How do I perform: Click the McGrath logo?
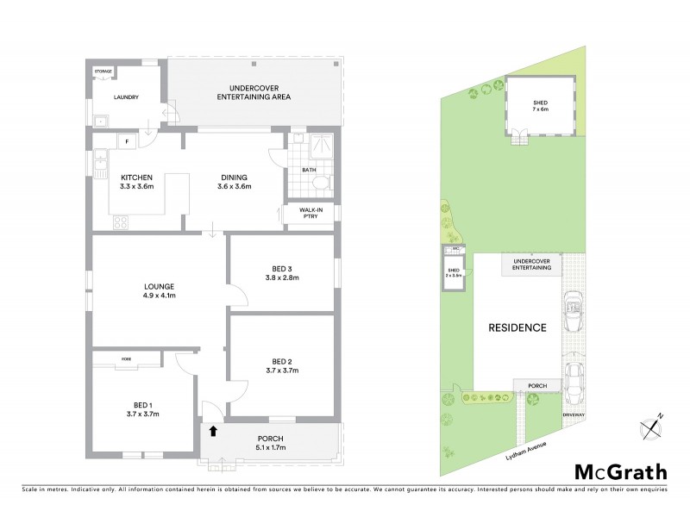[620, 471]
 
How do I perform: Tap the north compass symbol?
[652, 425]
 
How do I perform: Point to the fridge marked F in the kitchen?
[126, 141]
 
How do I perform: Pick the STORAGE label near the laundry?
[103, 72]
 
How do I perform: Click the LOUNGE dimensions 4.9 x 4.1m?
[160, 296]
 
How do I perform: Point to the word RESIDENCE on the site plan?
[518, 327]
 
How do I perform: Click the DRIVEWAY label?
[574, 415]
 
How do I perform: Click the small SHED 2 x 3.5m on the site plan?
[454, 273]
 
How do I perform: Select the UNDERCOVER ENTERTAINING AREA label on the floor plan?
[253, 92]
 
